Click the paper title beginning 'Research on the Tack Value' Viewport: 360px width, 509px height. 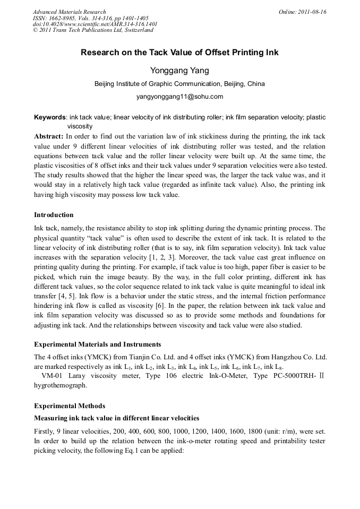[x=179, y=53]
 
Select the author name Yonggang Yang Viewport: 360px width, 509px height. [x=179, y=71]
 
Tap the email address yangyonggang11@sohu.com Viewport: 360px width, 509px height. [x=179, y=97]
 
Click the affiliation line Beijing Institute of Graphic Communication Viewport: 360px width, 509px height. [x=179, y=84]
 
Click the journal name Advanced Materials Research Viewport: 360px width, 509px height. [x=70, y=12]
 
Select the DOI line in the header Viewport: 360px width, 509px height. [x=95, y=24]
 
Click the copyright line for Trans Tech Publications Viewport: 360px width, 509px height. [x=93, y=30]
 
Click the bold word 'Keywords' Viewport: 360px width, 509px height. [x=50, y=117]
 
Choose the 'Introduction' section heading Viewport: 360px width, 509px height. [x=54, y=215]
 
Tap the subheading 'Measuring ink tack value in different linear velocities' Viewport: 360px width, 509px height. [x=117, y=418]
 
